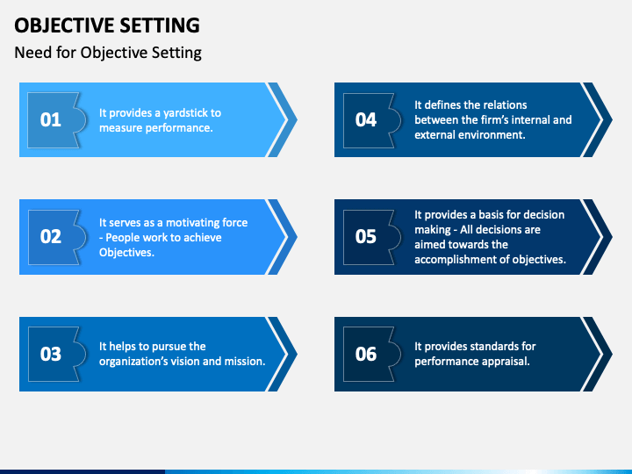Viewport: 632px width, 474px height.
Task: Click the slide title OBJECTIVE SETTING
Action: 106,25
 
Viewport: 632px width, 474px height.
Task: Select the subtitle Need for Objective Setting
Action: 108,53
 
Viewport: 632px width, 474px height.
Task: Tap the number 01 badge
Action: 51,119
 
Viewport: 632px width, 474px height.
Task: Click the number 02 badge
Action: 51,236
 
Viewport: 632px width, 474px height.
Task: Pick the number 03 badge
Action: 51,354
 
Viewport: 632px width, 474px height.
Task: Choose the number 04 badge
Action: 366,119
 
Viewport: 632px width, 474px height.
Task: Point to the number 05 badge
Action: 366,236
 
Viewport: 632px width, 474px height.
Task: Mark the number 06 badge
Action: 366,354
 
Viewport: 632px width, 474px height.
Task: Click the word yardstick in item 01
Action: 186,112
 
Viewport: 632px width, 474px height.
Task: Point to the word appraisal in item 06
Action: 504,361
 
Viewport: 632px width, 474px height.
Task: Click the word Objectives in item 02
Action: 126,252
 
